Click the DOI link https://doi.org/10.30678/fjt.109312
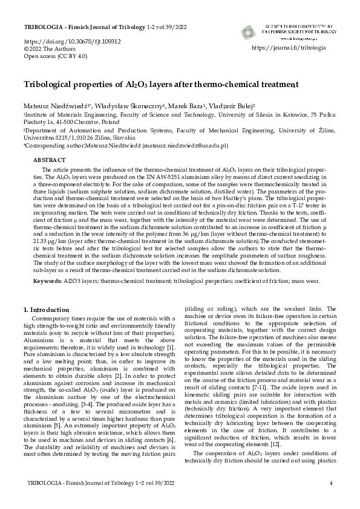[72, 42]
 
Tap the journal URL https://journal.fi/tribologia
[288, 47]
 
